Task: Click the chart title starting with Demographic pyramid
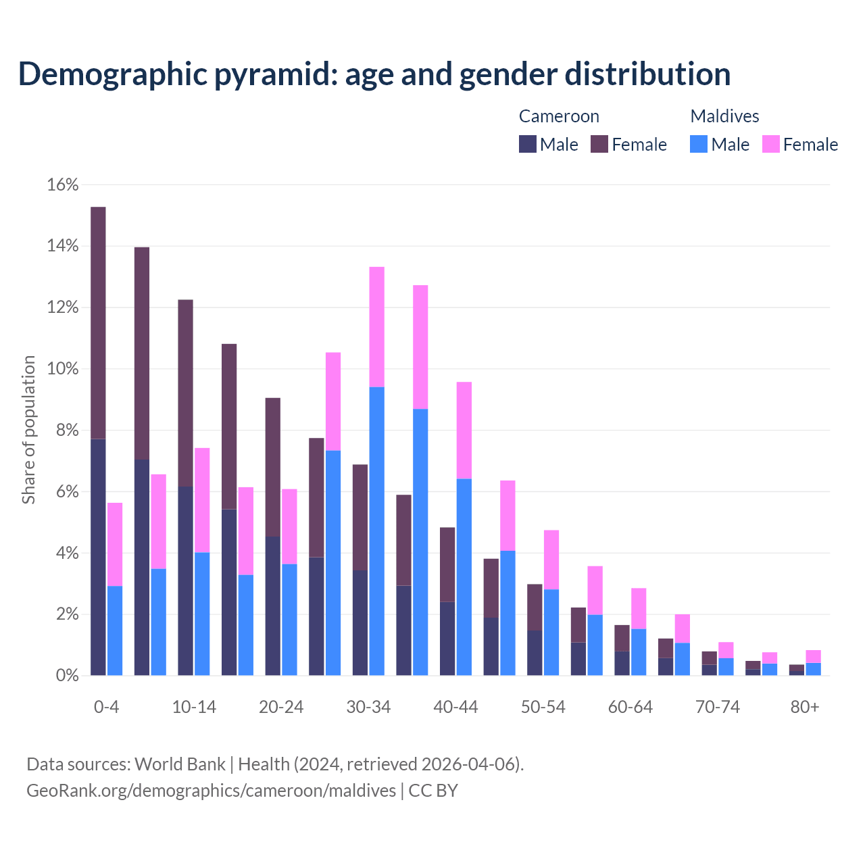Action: click(x=374, y=74)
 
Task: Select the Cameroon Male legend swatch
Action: click(x=528, y=144)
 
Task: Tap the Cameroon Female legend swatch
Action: click(x=599, y=144)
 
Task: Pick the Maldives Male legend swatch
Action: click(x=699, y=144)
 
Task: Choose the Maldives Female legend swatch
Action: click(x=771, y=144)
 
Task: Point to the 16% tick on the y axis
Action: click(x=63, y=185)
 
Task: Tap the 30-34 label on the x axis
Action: click(x=368, y=707)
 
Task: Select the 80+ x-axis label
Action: click(x=805, y=707)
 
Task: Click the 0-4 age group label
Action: click(x=106, y=707)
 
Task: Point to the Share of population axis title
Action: click(x=28, y=430)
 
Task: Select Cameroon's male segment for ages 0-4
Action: click(x=98, y=558)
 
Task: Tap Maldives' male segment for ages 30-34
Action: click(x=377, y=531)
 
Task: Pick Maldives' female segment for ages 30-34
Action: click(x=377, y=327)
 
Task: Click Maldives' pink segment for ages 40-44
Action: click(x=464, y=430)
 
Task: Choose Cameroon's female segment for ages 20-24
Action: click(x=273, y=467)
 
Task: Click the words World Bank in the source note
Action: click(x=180, y=764)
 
